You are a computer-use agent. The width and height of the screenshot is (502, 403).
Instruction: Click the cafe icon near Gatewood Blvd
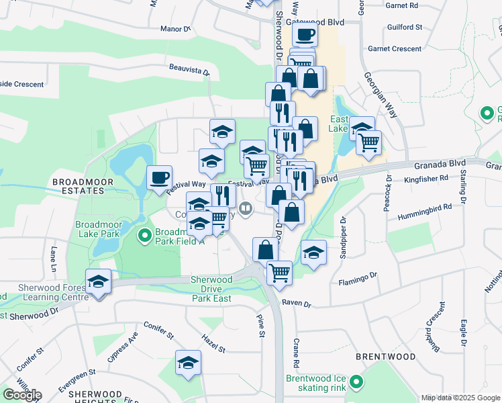(305, 34)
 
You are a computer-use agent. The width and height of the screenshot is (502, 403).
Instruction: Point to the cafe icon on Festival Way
(160, 178)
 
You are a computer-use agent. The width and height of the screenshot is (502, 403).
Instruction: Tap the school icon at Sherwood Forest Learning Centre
(98, 281)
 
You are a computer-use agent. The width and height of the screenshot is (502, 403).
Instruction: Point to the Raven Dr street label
(297, 304)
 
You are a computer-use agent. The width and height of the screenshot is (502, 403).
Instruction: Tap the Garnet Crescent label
(395, 49)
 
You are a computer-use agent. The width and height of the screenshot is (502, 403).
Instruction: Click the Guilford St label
(405, 28)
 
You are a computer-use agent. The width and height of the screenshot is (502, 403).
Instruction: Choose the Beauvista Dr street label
(190, 69)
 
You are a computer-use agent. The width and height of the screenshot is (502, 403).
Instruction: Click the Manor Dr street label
(177, 29)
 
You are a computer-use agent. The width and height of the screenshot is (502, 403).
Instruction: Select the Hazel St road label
(213, 344)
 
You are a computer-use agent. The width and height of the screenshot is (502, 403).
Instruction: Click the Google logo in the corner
(21, 394)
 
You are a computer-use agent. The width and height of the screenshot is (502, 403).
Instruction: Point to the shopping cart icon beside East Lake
(368, 142)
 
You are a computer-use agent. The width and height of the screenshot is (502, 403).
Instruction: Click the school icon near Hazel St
(188, 363)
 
